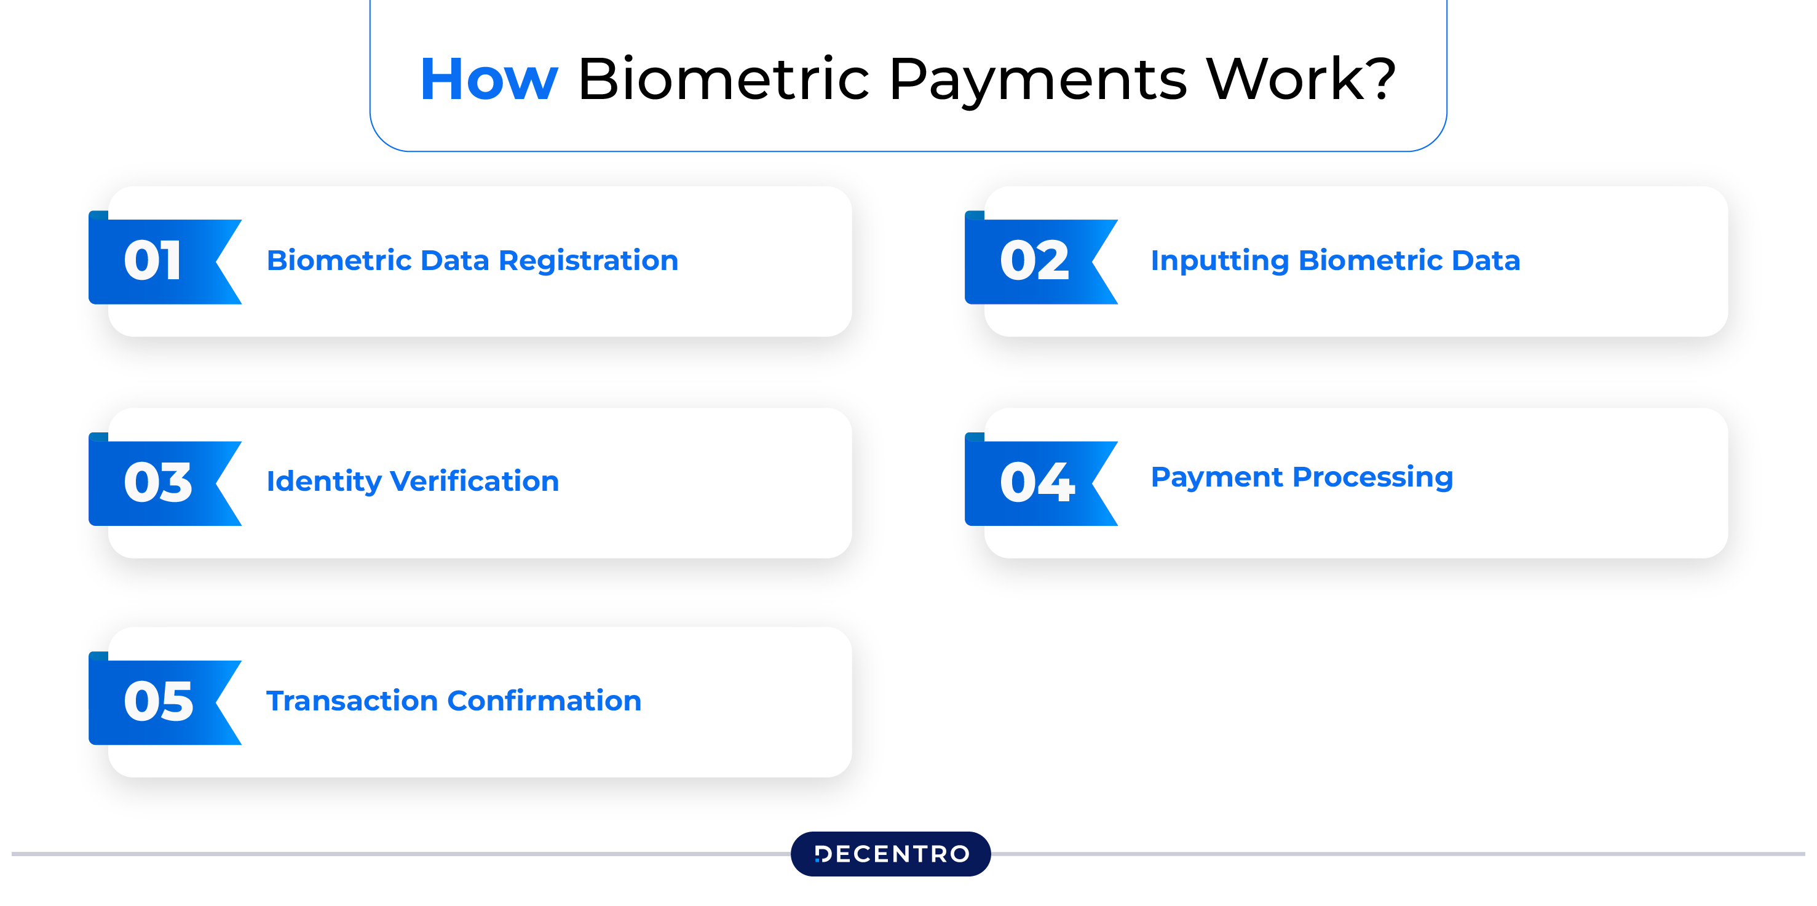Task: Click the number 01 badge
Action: click(165, 258)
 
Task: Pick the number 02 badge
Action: click(1041, 258)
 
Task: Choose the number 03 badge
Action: click(165, 480)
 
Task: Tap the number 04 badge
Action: click(1041, 480)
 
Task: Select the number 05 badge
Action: click(165, 699)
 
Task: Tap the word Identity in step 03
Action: click(324, 483)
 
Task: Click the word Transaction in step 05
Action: click(352, 701)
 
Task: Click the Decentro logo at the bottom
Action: click(891, 854)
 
